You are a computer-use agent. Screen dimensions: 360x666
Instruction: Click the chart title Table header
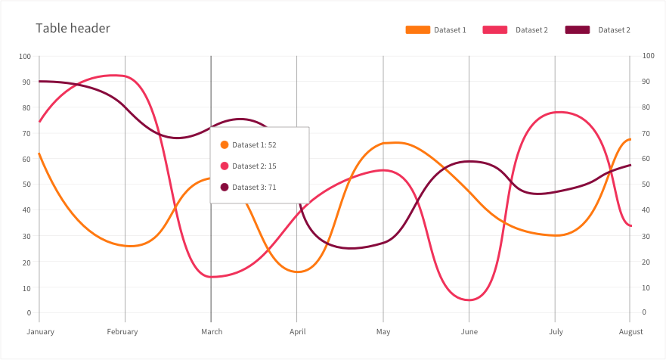pos(73,29)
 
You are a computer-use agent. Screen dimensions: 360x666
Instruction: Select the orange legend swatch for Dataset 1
pos(417,30)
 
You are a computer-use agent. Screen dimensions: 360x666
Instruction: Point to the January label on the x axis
pos(40,331)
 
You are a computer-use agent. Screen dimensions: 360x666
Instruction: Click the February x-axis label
pos(122,331)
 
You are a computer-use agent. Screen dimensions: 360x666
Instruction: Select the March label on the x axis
pos(211,331)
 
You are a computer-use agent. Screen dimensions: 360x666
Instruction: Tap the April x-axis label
pos(297,331)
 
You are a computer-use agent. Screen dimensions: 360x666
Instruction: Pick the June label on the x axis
pos(469,331)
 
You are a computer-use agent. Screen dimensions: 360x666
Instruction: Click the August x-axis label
pos(630,331)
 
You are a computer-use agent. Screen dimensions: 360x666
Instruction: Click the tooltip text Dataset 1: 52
pos(254,144)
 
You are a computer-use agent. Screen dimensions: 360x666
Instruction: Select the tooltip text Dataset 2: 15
pos(254,166)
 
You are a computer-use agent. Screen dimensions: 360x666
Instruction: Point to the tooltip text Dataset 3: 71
pos(254,187)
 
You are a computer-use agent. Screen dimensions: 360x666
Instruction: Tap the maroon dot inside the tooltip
pos(225,187)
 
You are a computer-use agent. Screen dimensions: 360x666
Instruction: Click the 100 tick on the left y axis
pos(25,57)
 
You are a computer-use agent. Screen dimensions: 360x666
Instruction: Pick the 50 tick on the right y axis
pos(647,185)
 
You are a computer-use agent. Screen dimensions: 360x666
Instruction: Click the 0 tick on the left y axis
pos(28,312)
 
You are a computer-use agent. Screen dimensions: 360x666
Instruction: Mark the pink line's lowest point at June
pos(469,300)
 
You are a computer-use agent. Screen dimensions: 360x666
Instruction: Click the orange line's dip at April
pos(298,272)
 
